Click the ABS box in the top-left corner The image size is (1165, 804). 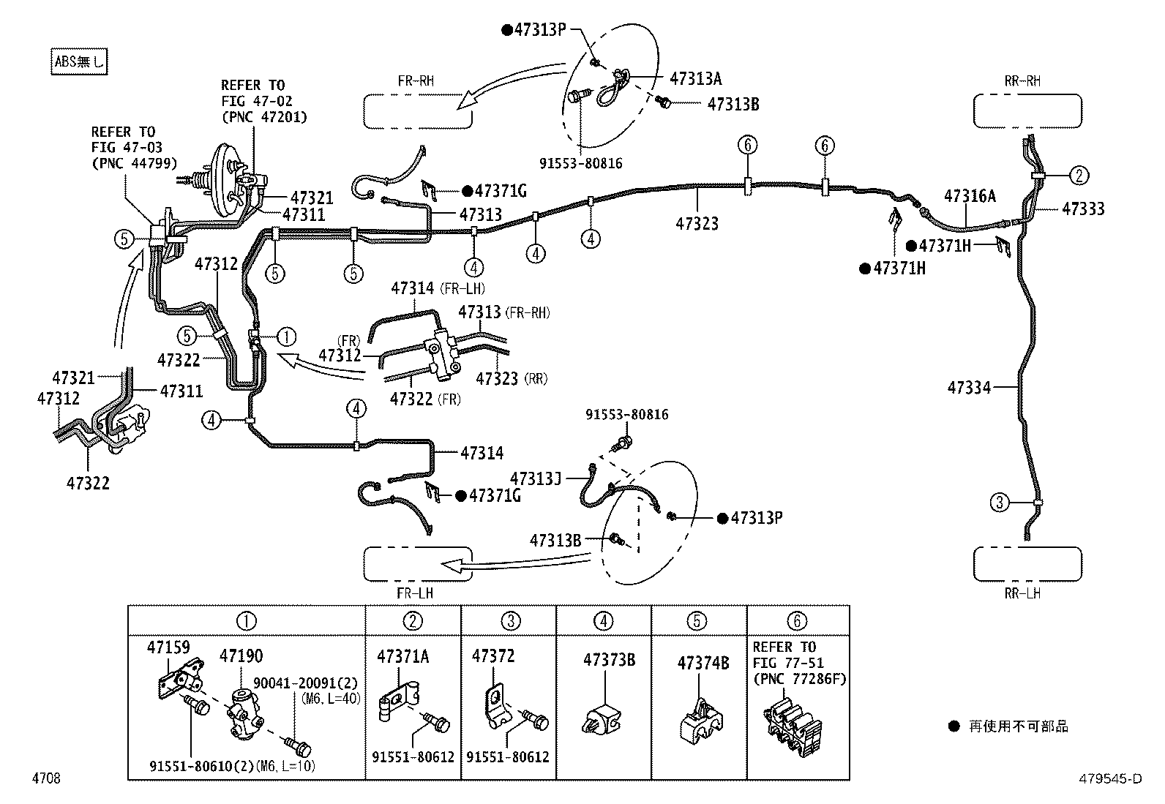coord(79,62)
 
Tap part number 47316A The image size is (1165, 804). coord(970,196)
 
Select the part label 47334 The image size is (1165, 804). coord(969,388)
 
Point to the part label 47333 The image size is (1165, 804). coord(1083,208)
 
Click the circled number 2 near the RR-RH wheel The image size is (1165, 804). coord(1079,176)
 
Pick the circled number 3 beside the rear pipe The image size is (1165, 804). coord(1000,503)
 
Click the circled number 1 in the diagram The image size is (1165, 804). coord(286,337)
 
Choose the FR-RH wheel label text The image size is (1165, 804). coord(416,81)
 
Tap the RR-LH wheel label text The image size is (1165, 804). coord(1022,593)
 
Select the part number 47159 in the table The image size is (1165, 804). coord(168,647)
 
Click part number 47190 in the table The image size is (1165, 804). coord(241,655)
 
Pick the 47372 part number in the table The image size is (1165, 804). coord(493,656)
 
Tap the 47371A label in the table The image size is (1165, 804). coord(403,657)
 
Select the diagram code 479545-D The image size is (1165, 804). coord(1110,778)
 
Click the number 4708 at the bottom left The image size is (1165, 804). coord(46,778)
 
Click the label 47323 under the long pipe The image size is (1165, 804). coord(697,224)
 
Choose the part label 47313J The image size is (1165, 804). coord(536,478)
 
